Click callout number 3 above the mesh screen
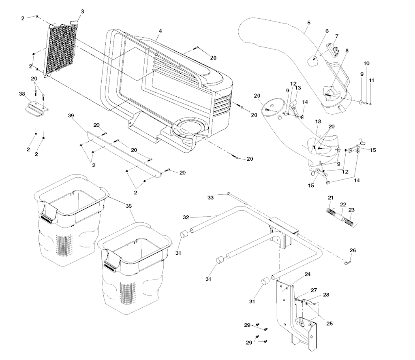[82, 11]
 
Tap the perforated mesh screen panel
[62, 49]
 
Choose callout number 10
[366, 64]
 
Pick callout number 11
[371, 81]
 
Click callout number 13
[298, 88]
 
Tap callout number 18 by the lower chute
[318, 121]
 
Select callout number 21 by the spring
[331, 197]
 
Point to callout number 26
[353, 250]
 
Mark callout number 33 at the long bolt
[210, 197]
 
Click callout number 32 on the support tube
[186, 217]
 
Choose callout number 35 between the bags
[129, 206]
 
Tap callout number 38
[22, 94]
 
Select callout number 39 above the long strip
[71, 116]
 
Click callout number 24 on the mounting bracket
[308, 274]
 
